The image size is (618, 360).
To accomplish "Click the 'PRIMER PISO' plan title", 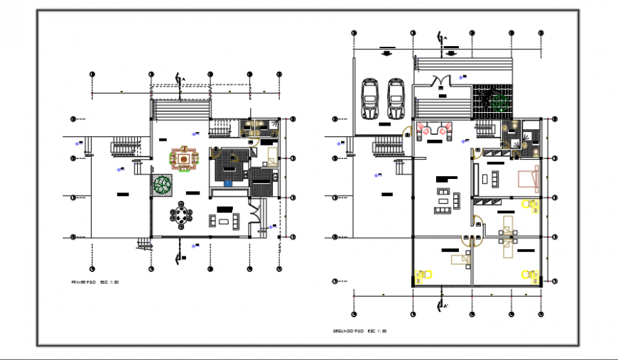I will [94, 283].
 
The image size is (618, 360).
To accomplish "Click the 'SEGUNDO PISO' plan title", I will [359, 331].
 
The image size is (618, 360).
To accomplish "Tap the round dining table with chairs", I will [183, 214].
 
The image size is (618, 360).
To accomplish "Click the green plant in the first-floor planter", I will [163, 185].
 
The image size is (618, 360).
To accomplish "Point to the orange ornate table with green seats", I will [184, 159].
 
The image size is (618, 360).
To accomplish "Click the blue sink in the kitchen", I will [229, 184].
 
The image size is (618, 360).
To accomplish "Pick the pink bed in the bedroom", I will [528, 178].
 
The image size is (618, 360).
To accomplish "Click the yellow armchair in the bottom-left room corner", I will [425, 275].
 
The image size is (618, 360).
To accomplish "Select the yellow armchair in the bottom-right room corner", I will [529, 274].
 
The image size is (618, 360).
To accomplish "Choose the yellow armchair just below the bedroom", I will [529, 205].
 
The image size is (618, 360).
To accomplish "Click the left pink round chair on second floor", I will [427, 129].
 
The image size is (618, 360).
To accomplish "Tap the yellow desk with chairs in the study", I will [508, 234].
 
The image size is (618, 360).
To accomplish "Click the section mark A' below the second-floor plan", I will [443, 306].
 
